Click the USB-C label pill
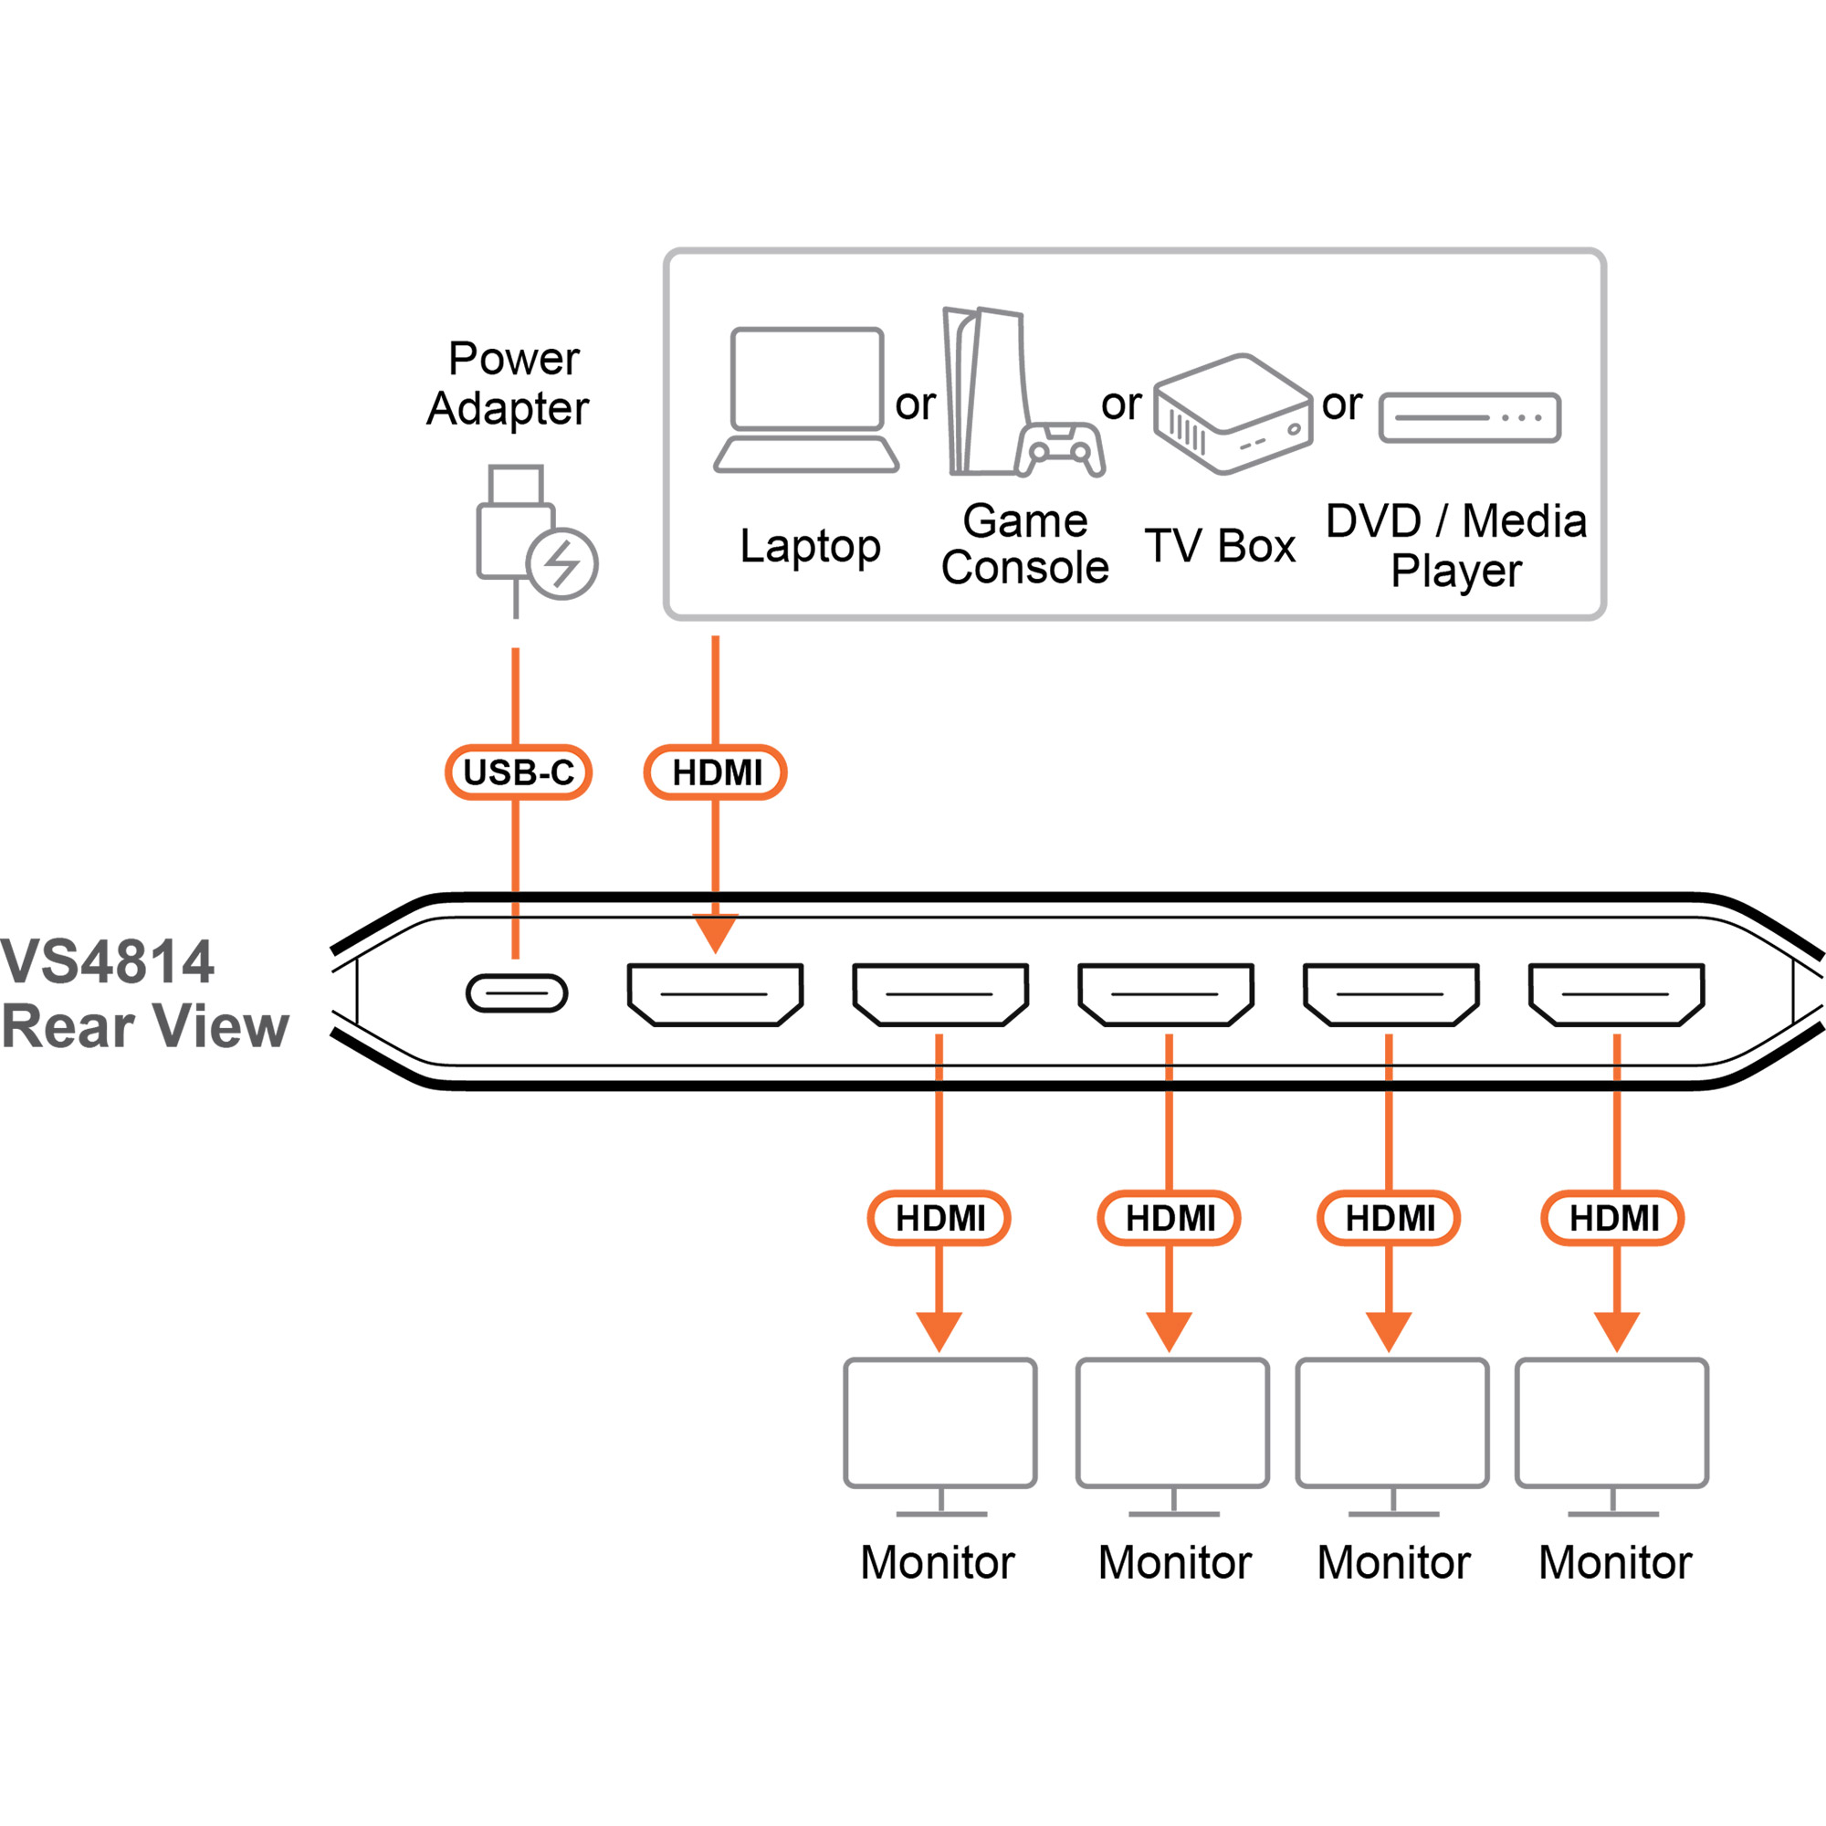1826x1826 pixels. (518, 772)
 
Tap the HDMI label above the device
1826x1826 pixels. (716, 772)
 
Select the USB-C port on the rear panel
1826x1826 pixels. (517, 993)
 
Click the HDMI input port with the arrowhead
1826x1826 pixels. (716, 995)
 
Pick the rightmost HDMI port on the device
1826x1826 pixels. (1616, 995)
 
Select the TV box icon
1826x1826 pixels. (1233, 414)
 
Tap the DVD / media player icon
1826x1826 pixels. (1470, 418)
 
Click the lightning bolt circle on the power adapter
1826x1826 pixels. (562, 564)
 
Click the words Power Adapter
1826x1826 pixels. (509, 383)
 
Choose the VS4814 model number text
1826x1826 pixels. (108, 962)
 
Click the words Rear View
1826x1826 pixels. (144, 1026)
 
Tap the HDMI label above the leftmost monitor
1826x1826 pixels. (939, 1218)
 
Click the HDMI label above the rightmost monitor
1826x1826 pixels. (1613, 1218)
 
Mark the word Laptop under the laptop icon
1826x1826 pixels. (810, 547)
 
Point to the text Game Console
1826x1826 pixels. (1024, 544)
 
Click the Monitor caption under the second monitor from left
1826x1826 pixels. (1174, 1562)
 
